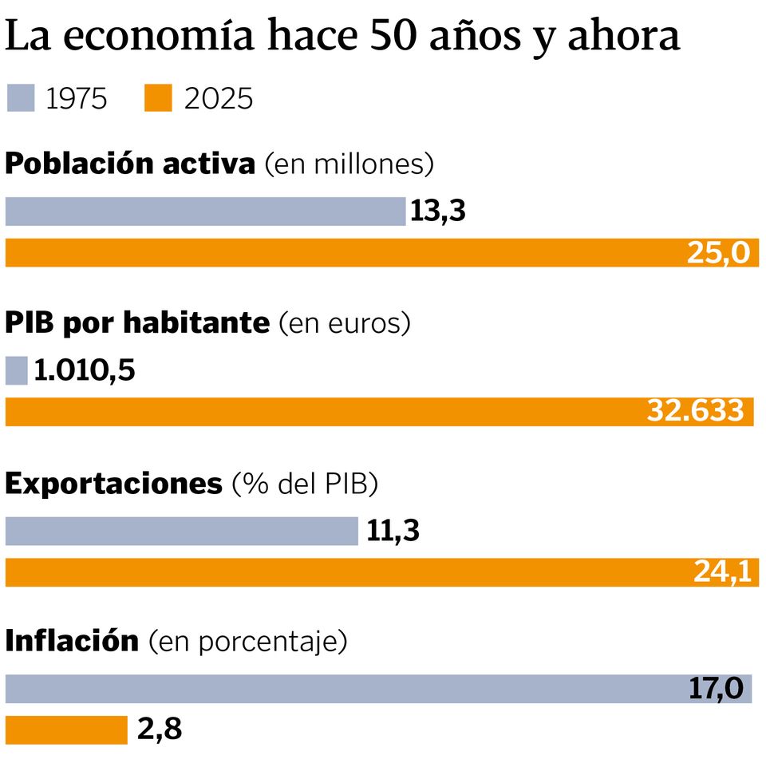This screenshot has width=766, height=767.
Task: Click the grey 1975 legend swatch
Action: [20, 99]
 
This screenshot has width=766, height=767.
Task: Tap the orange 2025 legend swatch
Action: [157, 99]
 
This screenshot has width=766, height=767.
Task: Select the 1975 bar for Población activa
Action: [205, 212]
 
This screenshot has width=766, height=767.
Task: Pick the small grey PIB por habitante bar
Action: [16, 370]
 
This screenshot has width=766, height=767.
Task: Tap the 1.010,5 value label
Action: [84, 371]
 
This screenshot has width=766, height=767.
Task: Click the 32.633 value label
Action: [695, 412]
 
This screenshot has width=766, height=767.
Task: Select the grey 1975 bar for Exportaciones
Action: [182, 531]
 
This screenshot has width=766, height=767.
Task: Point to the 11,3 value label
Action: [393, 531]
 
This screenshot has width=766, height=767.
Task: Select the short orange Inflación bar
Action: [66, 729]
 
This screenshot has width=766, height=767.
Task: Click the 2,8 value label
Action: [160, 729]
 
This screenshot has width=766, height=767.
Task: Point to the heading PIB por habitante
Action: [137, 323]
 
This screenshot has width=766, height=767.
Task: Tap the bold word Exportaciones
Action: [114, 483]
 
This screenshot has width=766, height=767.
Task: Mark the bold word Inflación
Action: [72, 641]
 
